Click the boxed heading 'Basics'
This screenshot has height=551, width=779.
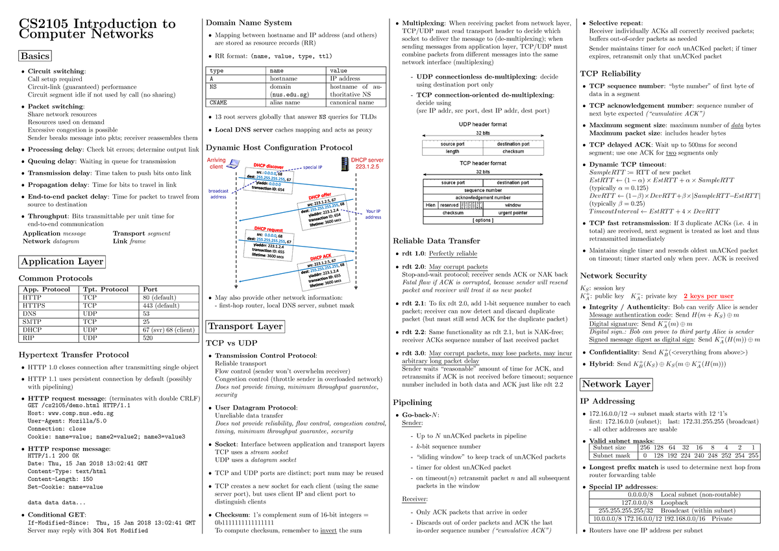click(x=34, y=56)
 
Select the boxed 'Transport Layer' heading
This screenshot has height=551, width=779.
click(x=244, y=326)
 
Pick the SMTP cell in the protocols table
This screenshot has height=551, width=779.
click(x=32, y=321)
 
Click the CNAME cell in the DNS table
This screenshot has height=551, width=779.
click(x=218, y=102)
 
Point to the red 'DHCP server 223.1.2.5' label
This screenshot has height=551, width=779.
click(x=367, y=164)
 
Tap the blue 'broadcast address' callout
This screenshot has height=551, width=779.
click(x=218, y=193)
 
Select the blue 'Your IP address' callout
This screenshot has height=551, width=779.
click(x=373, y=214)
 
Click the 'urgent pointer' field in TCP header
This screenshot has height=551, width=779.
click(x=513, y=212)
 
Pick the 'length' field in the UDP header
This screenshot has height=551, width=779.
click(x=452, y=151)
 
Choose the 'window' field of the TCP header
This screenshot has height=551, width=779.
click(x=513, y=204)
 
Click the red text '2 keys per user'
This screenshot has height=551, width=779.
click(x=708, y=296)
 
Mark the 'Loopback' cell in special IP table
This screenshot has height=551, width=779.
click(x=676, y=502)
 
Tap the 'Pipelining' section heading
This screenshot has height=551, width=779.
click(x=413, y=402)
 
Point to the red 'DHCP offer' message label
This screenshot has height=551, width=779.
click(x=319, y=196)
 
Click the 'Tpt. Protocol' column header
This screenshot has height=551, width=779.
click(x=106, y=289)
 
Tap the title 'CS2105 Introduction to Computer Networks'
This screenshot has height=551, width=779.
click(x=97, y=29)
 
